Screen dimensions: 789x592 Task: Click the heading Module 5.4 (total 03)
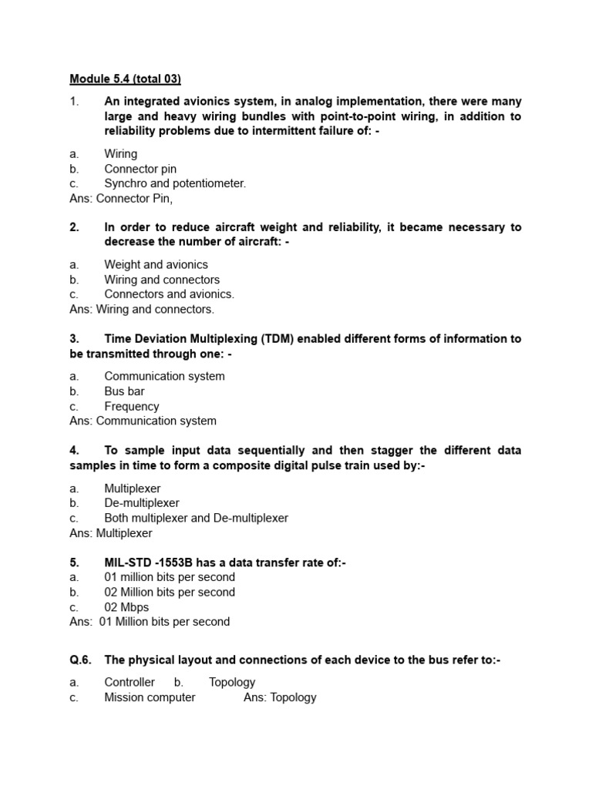tap(125, 79)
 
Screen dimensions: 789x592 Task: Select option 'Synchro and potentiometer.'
tap(175, 183)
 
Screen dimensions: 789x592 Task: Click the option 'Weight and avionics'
tap(156, 264)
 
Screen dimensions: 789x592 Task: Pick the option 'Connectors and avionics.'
tap(169, 294)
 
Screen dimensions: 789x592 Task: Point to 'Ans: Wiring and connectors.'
tap(142, 309)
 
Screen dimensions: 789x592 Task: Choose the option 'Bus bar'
tap(124, 391)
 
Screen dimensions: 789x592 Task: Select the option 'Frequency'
tap(131, 406)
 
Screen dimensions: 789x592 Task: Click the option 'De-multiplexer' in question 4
tap(142, 502)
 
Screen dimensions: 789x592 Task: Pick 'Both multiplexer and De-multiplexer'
tap(196, 518)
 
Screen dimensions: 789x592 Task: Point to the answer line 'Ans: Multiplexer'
tap(111, 533)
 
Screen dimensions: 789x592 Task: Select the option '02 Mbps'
tap(126, 607)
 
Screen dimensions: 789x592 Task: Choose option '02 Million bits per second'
tap(170, 592)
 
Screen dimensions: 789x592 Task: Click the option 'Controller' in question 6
tap(129, 682)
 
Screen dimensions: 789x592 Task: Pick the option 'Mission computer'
tap(150, 697)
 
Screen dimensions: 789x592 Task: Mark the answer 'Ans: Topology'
tap(280, 697)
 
